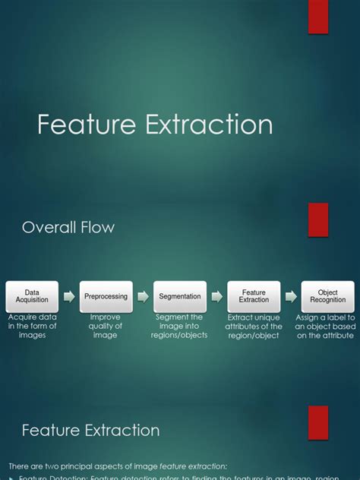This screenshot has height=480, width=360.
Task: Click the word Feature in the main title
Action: point(83,125)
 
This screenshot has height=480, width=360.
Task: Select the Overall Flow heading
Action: point(68,226)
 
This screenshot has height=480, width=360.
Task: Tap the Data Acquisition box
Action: point(32,296)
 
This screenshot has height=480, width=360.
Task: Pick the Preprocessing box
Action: point(106,296)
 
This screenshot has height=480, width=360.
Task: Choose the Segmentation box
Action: point(180,296)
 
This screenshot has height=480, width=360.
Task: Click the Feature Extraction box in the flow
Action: point(254,296)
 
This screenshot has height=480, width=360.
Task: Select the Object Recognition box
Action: point(327,296)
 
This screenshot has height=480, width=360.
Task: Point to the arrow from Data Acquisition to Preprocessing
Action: point(69,296)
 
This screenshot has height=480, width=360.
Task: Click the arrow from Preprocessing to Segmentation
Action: point(143,296)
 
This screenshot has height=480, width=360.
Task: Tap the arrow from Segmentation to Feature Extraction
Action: point(217,296)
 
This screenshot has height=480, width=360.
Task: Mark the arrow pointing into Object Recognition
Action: point(291,296)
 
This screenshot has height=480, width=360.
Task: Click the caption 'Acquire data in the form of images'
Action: point(32,326)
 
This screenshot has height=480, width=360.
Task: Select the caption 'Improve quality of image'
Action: point(106,326)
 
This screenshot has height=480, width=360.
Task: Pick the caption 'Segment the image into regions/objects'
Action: point(180,326)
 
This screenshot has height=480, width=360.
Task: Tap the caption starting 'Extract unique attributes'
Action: point(254,326)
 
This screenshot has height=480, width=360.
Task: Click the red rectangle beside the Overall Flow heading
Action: point(318,219)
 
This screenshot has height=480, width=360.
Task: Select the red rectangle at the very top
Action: point(318,17)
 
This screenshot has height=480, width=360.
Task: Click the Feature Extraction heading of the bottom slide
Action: point(90,431)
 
